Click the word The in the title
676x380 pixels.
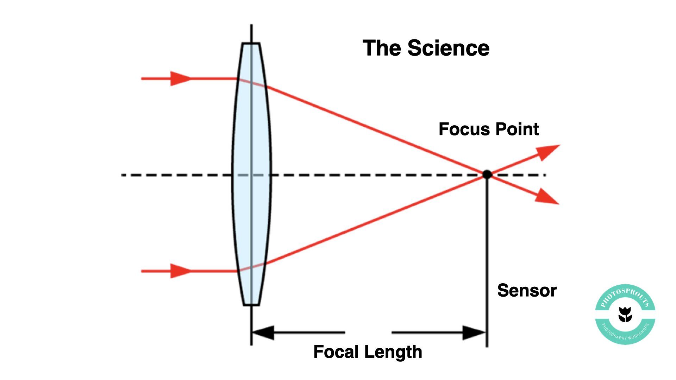click(x=382, y=48)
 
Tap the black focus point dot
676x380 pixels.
click(x=487, y=174)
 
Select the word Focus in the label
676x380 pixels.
click(x=461, y=129)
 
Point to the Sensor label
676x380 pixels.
click(x=527, y=291)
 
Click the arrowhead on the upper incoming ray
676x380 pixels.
click(x=180, y=78)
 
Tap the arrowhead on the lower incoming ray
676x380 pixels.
click(x=180, y=271)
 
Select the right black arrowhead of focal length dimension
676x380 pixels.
click(x=474, y=332)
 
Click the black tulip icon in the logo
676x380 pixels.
click(x=625, y=314)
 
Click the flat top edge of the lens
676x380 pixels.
click(x=251, y=43)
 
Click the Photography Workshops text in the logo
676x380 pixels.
click(x=625, y=334)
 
